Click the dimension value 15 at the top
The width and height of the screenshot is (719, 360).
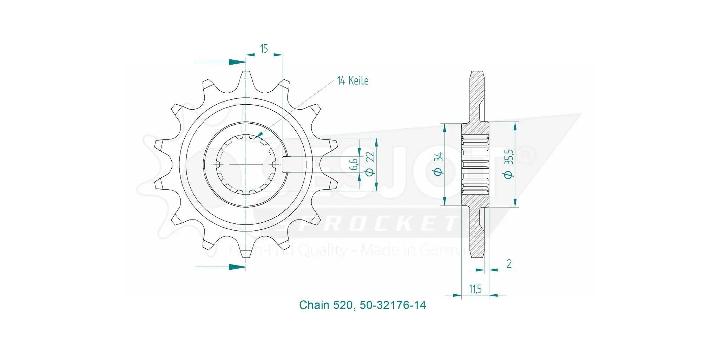tap(264, 48)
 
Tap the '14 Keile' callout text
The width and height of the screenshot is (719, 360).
tap(352, 81)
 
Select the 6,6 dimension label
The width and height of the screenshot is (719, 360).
tap(354, 164)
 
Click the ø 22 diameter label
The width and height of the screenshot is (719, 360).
tap(370, 164)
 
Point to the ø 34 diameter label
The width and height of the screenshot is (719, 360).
tap(438, 164)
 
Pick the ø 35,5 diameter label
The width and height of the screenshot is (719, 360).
tap(509, 164)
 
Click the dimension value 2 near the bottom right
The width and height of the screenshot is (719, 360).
tap(509, 263)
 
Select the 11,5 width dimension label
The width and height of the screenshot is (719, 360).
tap(475, 289)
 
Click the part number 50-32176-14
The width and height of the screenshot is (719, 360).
tap(393, 305)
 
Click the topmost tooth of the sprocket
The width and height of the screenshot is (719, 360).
tap(246, 78)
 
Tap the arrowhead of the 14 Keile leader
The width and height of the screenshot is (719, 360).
tap(259, 135)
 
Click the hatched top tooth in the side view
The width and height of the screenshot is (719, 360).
tap(476, 95)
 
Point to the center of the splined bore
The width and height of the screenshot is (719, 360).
tap(246, 164)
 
